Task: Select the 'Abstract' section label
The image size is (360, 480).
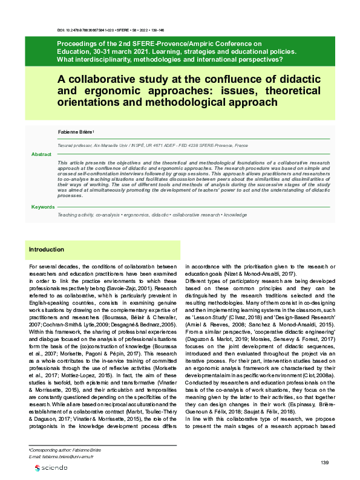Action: [42, 155]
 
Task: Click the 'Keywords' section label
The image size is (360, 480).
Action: [43, 207]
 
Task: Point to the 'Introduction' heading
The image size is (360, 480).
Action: [47, 249]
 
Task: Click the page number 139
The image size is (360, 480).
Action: [324, 462]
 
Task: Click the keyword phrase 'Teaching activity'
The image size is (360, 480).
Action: [74, 215]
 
